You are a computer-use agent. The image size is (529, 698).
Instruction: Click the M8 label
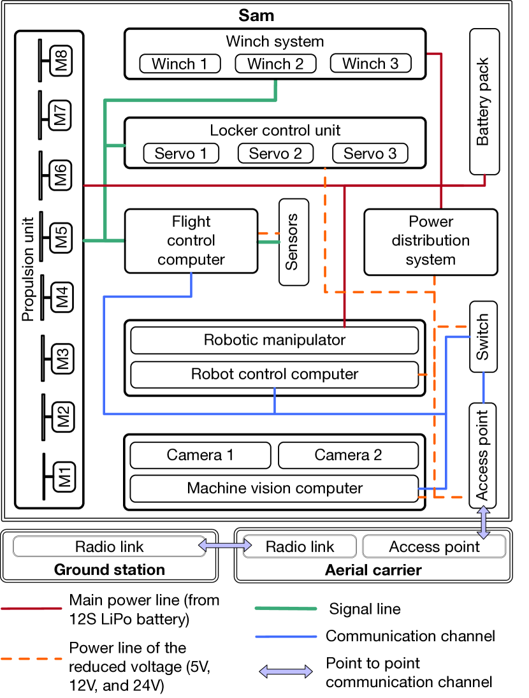click(62, 62)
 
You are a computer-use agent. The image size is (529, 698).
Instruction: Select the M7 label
click(61, 115)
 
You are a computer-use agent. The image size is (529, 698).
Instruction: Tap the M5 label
click(61, 238)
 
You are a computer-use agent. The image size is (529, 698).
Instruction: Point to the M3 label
click(62, 359)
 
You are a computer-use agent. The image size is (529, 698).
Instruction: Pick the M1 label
click(64, 477)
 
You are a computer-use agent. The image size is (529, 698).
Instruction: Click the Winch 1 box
click(180, 64)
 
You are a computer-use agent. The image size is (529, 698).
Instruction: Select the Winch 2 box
click(275, 64)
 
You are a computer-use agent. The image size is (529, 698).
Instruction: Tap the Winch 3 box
click(370, 64)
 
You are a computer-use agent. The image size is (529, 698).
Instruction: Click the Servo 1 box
click(181, 154)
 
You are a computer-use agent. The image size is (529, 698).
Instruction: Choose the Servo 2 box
click(275, 154)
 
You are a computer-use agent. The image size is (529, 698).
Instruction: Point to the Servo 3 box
click(370, 154)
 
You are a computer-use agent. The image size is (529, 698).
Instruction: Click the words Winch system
click(275, 42)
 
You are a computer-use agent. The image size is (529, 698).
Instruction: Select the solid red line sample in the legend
click(31, 609)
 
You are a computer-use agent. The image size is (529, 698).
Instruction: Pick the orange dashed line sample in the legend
click(31, 658)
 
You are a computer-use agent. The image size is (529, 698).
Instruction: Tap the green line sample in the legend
click(286, 609)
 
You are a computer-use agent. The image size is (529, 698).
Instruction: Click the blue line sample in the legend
click(286, 636)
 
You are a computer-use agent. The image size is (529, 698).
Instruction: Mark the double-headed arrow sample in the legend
click(286, 671)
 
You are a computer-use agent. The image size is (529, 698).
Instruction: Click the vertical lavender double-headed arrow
click(484, 523)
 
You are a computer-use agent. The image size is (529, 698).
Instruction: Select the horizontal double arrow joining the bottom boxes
click(225, 546)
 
